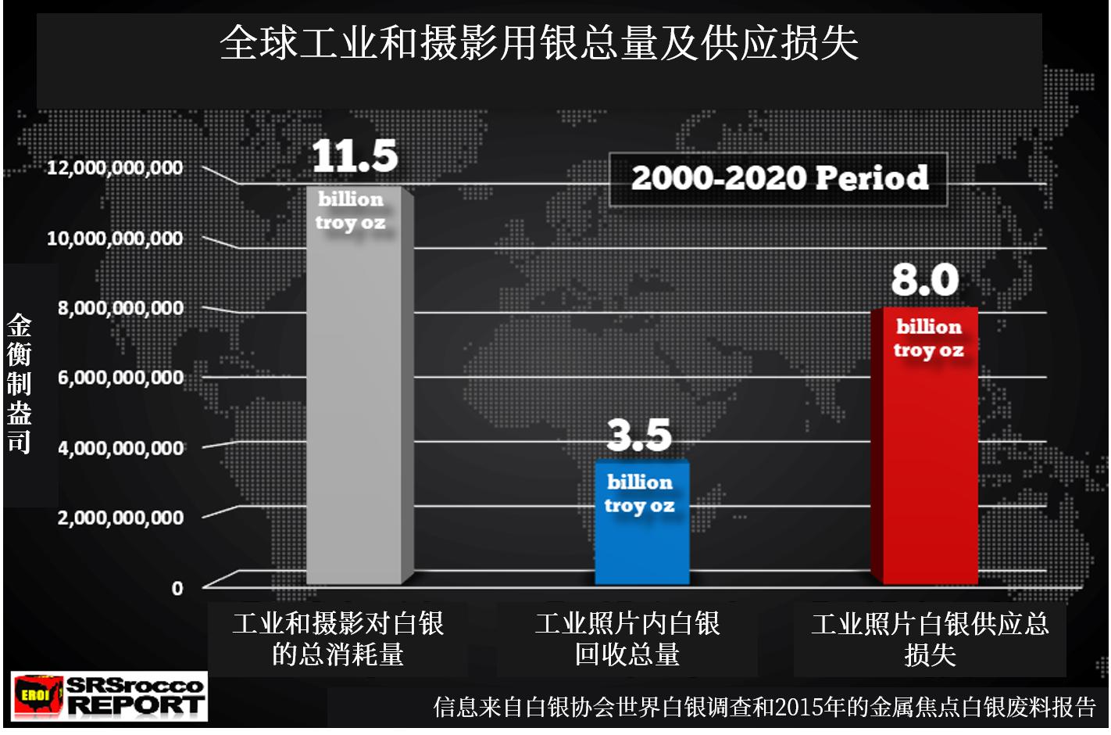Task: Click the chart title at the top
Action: (x=539, y=43)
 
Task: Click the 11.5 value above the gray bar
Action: (x=355, y=156)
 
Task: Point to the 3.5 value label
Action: (x=639, y=435)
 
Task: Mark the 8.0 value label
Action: (x=925, y=280)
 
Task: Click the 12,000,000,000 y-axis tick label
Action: (x=115, y=167)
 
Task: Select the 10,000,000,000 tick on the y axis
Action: (x=115, y=238)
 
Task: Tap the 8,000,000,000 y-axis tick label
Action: (x=120, y=308)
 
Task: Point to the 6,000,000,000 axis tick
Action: (x=120, y=378)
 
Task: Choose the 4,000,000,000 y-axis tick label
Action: (x=120, y=448)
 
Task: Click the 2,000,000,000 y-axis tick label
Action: (x=120, y=518)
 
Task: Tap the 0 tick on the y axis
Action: (x=177, y=588)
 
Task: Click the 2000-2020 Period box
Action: (x=779, y=179)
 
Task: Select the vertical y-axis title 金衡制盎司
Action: (x=19, y=383)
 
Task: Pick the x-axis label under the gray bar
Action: (x=338, y=639)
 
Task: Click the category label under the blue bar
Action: (x=627, y=639)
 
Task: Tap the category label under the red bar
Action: (x=930, y=639)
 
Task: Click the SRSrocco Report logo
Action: (x=110, y=695)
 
